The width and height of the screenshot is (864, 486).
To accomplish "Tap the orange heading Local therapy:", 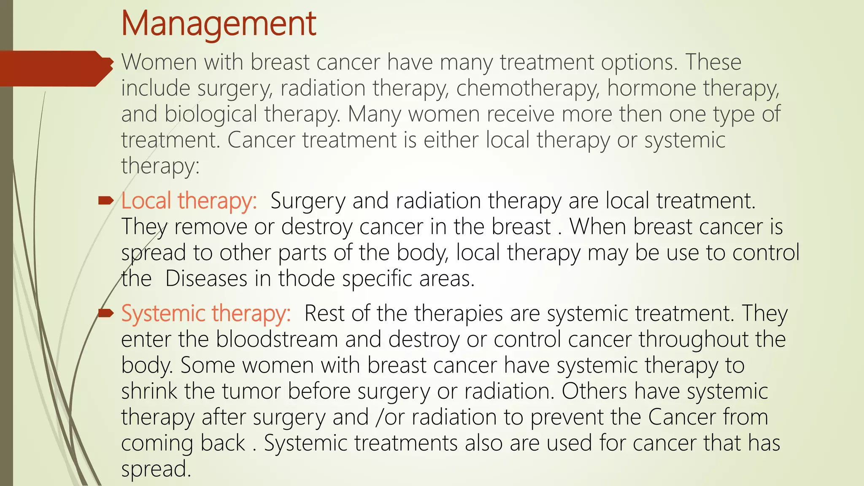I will click(189, 201).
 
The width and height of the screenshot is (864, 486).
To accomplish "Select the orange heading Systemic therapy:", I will click(206, 314).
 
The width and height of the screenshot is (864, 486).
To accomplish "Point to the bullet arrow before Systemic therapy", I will click(106, 313).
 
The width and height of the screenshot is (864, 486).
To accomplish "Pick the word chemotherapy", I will click(528, 89).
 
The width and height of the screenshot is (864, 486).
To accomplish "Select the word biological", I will click(211, 115).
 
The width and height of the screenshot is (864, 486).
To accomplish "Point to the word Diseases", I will click(206, 279).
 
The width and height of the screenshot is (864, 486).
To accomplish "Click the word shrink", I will click(149, 391).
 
